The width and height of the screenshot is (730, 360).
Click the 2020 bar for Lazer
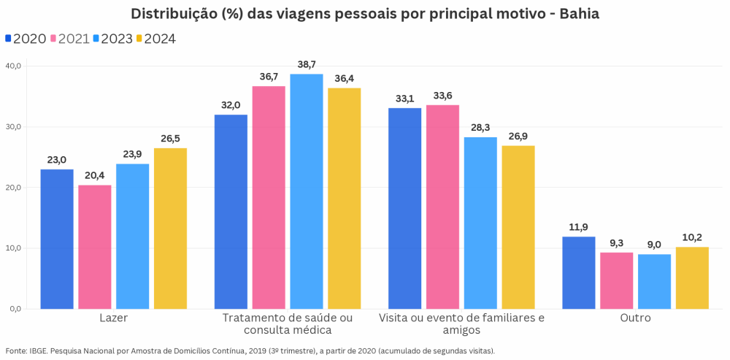click(x=57, y=239)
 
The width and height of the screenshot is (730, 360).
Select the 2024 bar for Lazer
click(x=170, y=229)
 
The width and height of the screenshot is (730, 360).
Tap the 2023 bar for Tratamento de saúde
click(x=306, y=191)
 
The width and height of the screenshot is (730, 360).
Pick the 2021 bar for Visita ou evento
click(x=442, y=207)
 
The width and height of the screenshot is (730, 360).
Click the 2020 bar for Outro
click(x=579, y=272)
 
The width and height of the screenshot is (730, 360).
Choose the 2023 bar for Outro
click(x=654, y=281)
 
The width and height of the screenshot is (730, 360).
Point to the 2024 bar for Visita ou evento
click(x=518, y=227)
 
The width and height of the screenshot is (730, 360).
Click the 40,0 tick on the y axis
click(x=15, y=66)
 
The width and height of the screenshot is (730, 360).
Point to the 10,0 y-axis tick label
click(x=15, y=248)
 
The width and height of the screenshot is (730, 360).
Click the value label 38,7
click(x=306, y=65)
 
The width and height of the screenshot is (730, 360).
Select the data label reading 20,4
click(x=95, y=176)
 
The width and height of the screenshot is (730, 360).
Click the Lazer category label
click(x=114, y=318)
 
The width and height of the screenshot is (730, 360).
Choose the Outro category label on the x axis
click(x=635, y=318)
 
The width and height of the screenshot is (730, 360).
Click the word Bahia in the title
click(x=579, y=14)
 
